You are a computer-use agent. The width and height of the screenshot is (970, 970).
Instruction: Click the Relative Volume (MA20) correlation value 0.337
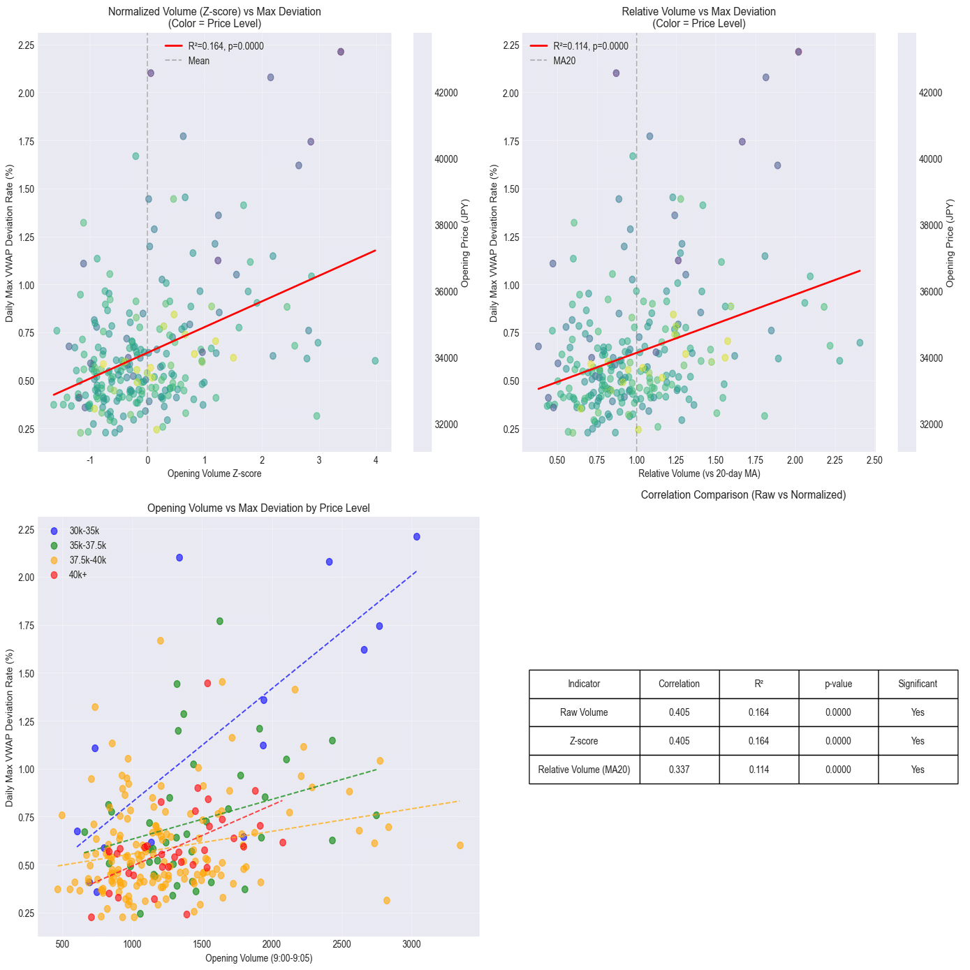click(679, 770)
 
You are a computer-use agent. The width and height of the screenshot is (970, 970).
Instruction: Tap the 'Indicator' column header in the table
click(584, 684)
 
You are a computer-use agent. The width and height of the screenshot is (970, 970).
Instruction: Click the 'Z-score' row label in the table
click(584, 741)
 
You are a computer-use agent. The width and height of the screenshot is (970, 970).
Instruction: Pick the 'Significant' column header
click(918, 684)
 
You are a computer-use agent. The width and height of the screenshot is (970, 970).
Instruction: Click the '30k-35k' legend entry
click(84, 531)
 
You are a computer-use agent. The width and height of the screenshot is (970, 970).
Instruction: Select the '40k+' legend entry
click(78, 575)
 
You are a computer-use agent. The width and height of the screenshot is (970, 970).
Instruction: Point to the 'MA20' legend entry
click(564, 61)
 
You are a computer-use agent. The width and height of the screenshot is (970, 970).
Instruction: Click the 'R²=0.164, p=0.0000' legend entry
click(226, 46)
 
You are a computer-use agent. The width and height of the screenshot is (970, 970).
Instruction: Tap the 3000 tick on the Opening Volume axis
click(412, 944)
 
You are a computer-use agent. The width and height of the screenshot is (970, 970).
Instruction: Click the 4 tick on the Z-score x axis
click(376, 460)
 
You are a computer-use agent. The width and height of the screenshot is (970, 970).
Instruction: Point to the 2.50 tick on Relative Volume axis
click(874, 460)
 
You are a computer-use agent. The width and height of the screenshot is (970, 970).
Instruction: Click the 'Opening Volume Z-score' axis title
click(214, 473)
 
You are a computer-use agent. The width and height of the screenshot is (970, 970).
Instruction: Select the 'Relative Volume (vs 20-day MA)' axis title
click(699, 473)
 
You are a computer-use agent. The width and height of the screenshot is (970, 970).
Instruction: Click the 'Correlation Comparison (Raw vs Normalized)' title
click(743, 494)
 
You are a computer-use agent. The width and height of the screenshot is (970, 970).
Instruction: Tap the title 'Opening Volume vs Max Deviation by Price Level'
click(258, 508)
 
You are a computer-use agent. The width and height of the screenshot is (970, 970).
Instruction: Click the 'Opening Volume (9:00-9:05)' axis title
click(258, 958)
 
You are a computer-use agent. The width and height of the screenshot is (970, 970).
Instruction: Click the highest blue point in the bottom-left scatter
click(417, 536)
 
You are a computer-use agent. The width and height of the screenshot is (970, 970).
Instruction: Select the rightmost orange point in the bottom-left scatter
click(460, 845)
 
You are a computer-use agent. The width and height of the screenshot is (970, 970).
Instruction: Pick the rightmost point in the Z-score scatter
click(375, 361)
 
